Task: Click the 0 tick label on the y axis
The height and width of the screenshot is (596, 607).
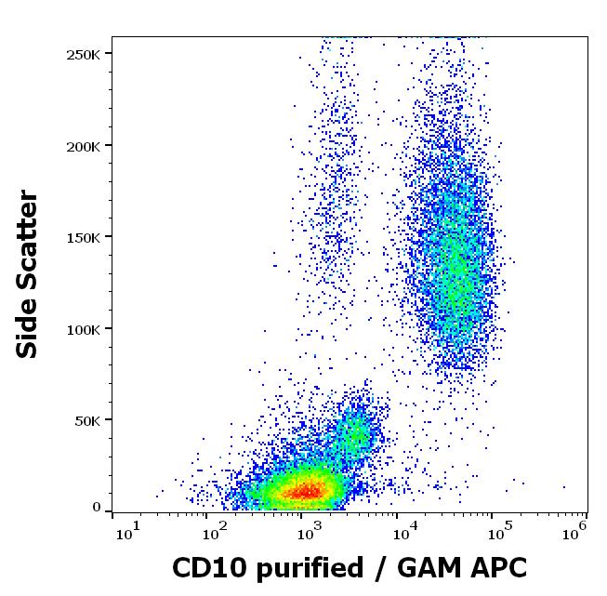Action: click(96, 508)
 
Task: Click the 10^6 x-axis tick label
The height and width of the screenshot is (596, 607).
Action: click(575, 529)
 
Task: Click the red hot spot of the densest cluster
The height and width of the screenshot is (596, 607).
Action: click(307, 489)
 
